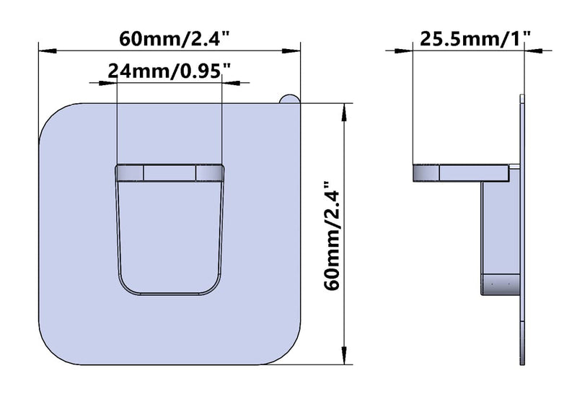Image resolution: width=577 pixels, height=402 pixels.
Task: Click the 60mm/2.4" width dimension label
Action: pyautogui.click(x=175, y=38)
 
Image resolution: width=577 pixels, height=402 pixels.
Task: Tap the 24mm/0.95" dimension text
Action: pyautogui.click(x=169, y=71)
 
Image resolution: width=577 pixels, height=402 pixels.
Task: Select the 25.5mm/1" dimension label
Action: pyautogui.click(x=475, y=38)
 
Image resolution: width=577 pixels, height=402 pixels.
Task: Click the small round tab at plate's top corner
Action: pyautogui.click(x=289, y=99)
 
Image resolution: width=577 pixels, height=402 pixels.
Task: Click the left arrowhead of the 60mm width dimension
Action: pyautogui.click(x=48, y=51)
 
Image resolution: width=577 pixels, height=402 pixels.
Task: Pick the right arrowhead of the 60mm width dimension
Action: pyautogui.click(x=291, y=51)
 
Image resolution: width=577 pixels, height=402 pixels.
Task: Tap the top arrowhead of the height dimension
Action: pyautogui.click(x=344, y=113)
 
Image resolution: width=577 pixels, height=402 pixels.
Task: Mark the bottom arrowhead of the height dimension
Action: pyautogui.click(x=344, y=356)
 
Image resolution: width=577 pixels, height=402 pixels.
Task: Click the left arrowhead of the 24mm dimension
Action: pyautogui.click(x=107, y=83)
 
